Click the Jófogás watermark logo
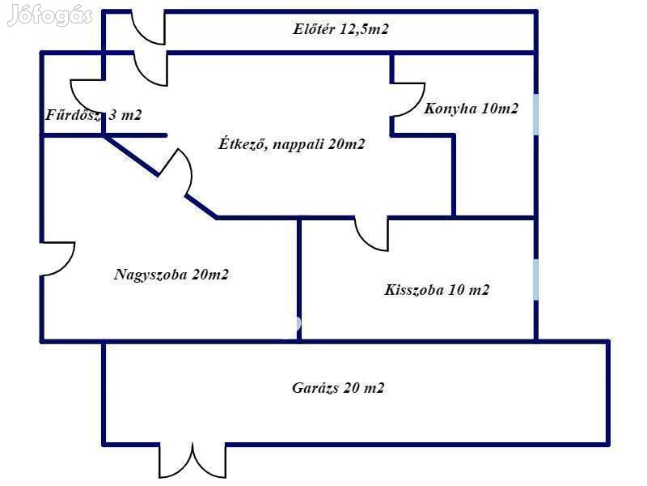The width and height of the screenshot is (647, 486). (50, 15)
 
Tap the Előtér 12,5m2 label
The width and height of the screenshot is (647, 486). (340, 29)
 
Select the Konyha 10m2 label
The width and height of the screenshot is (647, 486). (471, 109)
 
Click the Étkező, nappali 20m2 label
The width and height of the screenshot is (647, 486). (292, 144)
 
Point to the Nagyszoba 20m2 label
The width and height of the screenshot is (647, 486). (171, 275)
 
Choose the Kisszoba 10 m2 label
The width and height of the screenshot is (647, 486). (437, 290)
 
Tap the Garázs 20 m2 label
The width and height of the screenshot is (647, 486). (338, 388)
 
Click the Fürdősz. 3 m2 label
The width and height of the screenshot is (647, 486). (93, 115)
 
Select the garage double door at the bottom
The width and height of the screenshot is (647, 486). (192, 460)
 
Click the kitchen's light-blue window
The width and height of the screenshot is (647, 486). (535, 114)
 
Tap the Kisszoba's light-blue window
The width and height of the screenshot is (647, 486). (535, 279)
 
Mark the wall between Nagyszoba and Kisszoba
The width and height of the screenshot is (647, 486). (299, 279)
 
